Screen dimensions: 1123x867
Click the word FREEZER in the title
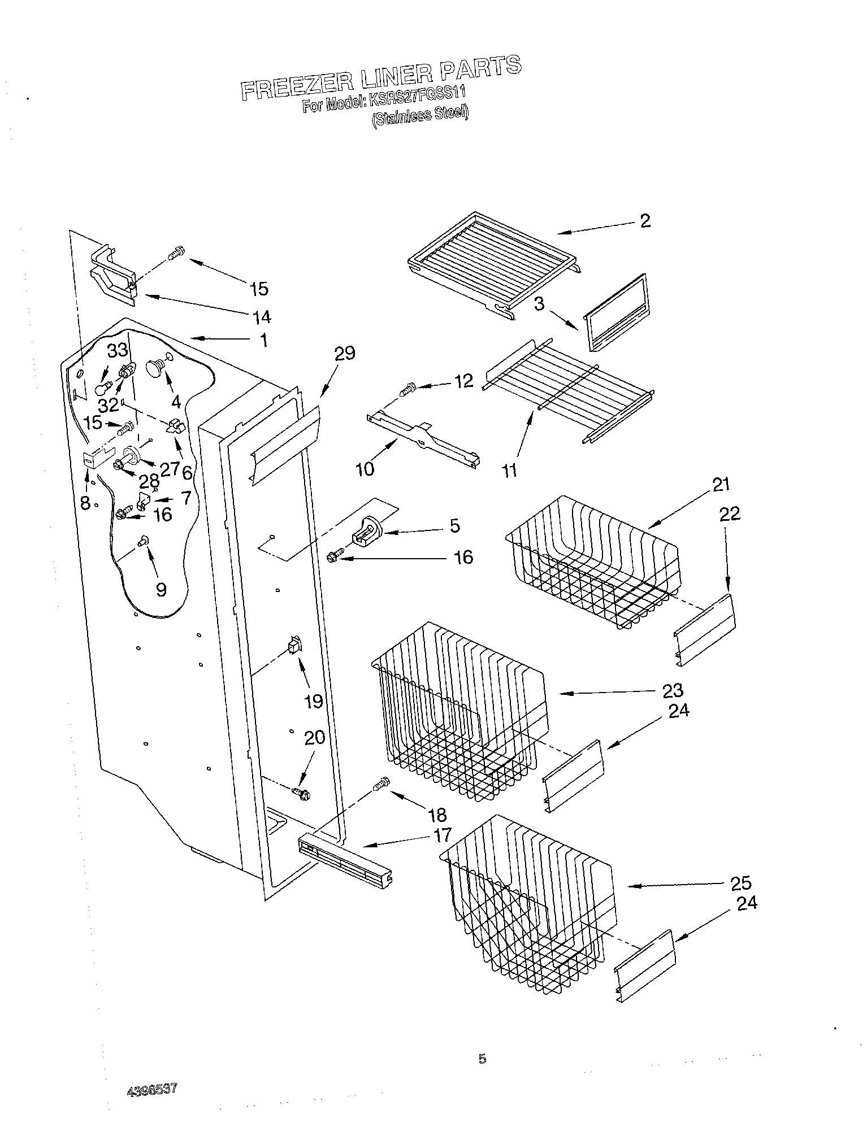297,85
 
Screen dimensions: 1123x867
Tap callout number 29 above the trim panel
344,354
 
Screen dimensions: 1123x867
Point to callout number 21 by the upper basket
721,485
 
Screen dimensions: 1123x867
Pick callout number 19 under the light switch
314,701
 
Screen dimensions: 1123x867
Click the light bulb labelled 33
101,389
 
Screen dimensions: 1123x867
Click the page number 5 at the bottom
482,1058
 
